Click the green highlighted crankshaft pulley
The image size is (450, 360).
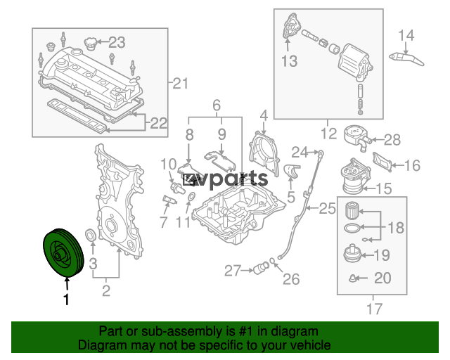pos(63,253)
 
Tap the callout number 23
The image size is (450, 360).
pos(117,42)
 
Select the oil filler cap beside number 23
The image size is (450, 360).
pos(89,44)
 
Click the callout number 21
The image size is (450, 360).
pos(180,83)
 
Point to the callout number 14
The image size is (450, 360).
pos(406,36)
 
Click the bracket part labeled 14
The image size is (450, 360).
pos(406,59)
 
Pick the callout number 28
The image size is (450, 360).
pos(392,140)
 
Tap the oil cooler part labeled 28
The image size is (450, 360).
pos(358,138)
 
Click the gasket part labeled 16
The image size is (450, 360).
pos(382,162)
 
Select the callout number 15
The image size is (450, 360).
pos(384,188)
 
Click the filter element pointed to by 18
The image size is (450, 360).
pos(352,211)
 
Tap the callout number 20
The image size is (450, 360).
pos(382,278)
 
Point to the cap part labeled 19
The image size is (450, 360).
pos(352,254)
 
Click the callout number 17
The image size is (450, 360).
pos(375,309)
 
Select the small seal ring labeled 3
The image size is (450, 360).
pos(91,235)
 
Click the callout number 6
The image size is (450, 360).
pos(217,105)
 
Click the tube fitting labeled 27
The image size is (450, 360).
pos(261,269)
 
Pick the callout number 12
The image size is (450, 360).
pos(328,134)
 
